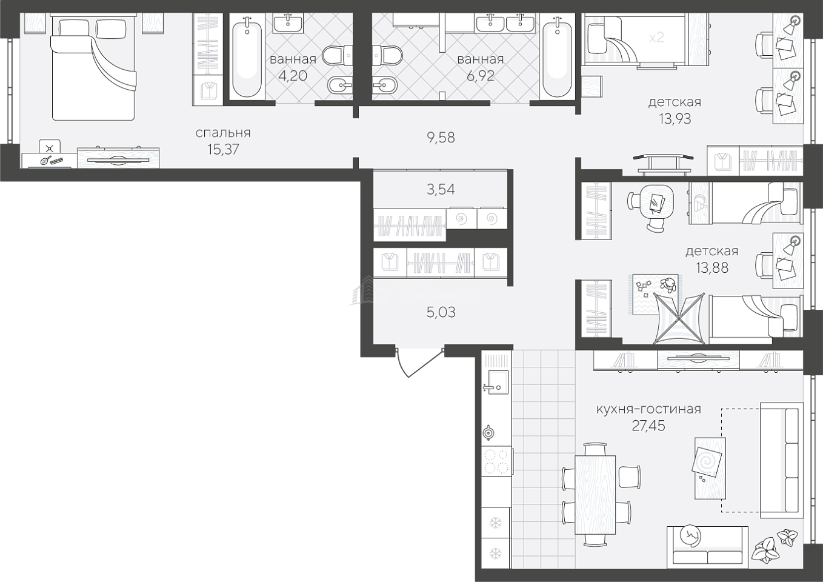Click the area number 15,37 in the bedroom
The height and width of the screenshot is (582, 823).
click(223, 150)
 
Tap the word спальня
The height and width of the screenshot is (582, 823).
click(223, 133)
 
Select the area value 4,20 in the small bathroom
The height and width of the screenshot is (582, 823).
click(293, 76)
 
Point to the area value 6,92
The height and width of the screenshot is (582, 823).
click(480, 76)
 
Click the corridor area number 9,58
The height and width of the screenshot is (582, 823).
click(441, 138)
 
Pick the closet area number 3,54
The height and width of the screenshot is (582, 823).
click(441, 190)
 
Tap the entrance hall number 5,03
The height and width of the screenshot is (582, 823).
click(441, 312)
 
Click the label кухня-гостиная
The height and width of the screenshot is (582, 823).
click(648, 409)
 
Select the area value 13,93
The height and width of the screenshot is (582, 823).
click(675, 119)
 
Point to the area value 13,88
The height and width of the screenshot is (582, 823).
click(712, 268)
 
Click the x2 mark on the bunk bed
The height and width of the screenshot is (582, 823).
click(656, 38)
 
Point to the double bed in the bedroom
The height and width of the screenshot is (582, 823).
click(94, 68)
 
